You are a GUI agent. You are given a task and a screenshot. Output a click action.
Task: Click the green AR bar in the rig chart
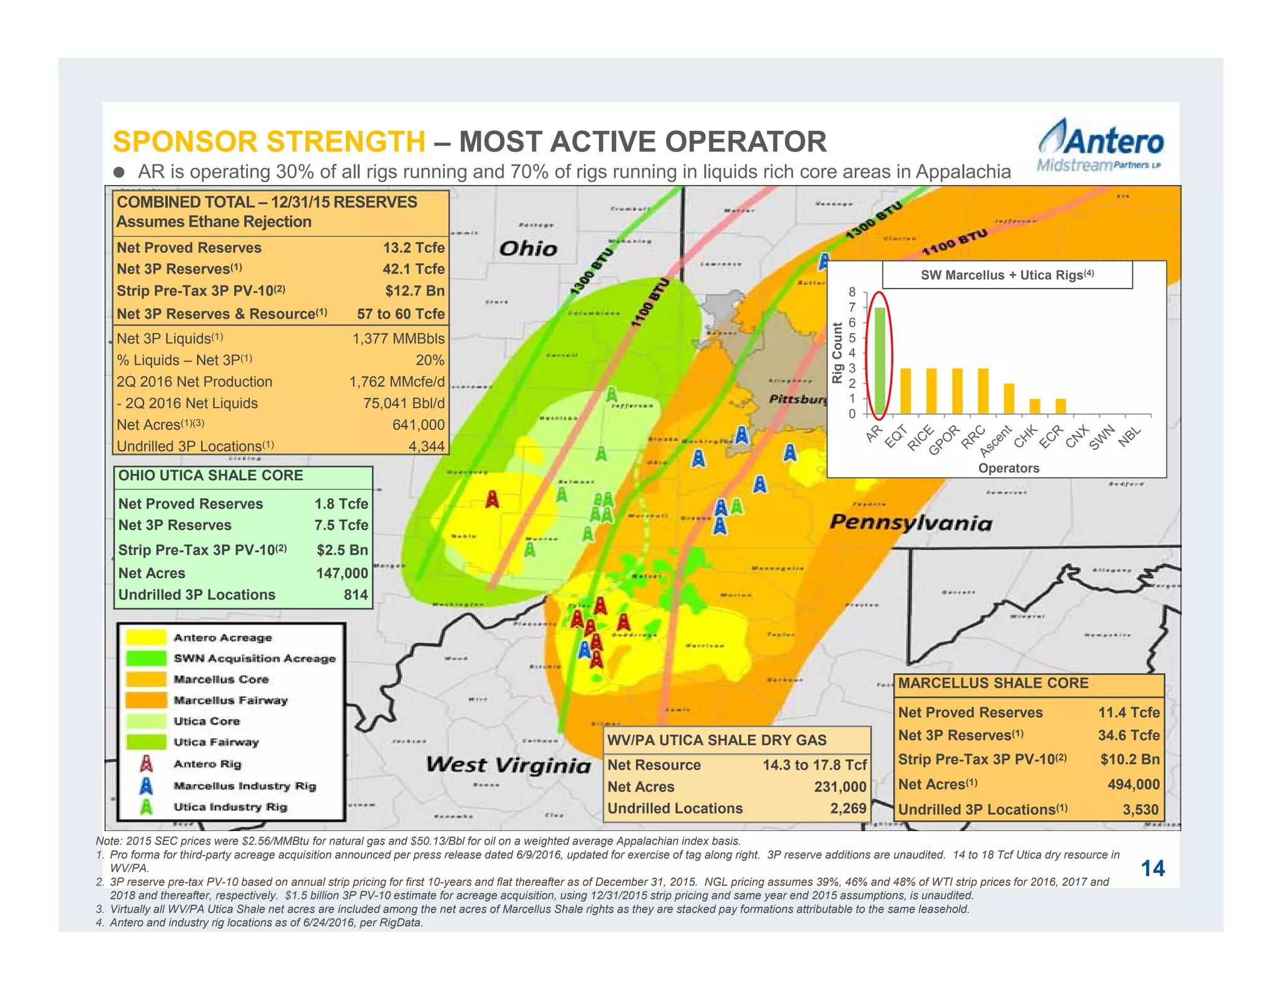point(879,360)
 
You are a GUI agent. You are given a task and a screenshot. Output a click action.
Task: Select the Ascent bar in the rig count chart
point(1008,399)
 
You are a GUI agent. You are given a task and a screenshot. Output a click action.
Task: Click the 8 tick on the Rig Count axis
point(852,292)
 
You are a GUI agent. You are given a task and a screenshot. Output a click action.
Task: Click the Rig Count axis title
point(837,352)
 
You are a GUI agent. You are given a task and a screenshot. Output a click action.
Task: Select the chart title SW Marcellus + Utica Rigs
point(1007,275)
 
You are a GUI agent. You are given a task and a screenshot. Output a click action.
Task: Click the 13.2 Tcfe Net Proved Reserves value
point(414,248)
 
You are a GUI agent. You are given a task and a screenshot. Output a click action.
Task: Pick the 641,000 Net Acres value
point(418,425)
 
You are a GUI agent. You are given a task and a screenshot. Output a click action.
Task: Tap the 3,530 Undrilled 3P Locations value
point(1140,810)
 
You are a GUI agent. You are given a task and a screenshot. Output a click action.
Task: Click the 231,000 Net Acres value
point(840,787)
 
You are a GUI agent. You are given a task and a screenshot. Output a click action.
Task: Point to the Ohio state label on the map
point(528,248)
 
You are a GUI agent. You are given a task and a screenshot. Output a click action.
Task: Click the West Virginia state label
point(508,765)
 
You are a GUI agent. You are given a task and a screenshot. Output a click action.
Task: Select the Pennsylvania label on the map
point(911,523)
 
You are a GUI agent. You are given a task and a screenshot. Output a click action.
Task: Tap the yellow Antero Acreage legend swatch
point(146,638)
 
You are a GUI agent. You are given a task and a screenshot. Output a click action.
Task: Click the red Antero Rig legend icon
point(146,764)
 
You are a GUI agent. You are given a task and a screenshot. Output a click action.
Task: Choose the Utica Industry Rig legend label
point(230,807)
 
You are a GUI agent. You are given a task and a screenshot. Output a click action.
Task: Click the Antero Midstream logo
point(1100,145)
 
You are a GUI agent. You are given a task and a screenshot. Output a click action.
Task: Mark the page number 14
point(1152,869)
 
